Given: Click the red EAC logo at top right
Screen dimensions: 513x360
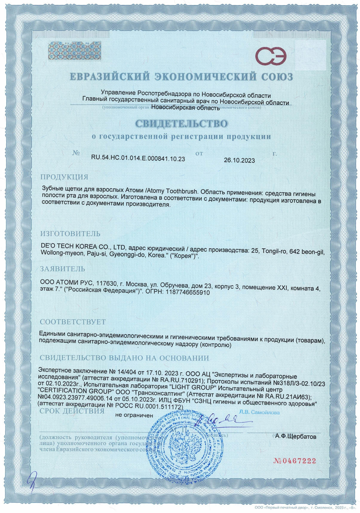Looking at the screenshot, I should (x=271, y=56).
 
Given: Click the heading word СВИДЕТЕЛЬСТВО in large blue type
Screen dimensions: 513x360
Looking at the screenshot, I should (x=181, y=123).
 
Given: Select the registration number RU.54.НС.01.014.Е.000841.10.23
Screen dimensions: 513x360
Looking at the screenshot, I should (x=138, y=159).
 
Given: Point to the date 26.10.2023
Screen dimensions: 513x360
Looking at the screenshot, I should (x=239, y=160).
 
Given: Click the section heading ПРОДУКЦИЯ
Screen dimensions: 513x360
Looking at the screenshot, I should (x=64, y=177).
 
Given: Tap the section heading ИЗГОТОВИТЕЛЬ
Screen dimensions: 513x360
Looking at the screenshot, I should (x=70, y=234).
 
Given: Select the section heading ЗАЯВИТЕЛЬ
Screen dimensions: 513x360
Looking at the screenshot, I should (x=62, y=269).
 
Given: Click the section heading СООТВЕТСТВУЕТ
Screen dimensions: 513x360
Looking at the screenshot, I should (x=73, y=322).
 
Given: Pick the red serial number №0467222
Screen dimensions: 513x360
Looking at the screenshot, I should (x=295, y=461).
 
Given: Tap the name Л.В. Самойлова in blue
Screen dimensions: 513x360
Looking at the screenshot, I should (x=259, y=412).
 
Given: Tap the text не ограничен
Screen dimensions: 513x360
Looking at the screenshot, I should (x=134, y=415).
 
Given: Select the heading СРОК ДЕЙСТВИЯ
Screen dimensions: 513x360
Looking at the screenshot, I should (x=72, y=411).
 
